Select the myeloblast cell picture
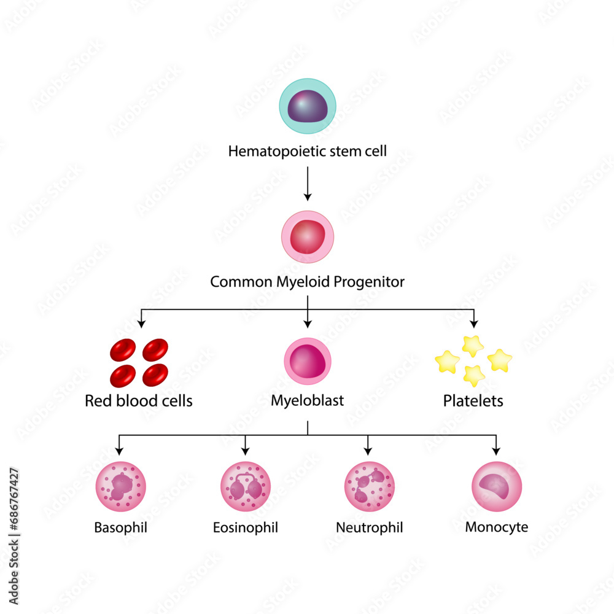pos(308,362)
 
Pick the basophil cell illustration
pos(120,487)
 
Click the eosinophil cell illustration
pos(246,487)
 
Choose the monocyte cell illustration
pos(497,487)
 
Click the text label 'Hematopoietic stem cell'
pos(308,151)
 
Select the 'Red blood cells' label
pos(139,402)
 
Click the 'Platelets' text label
pos(473,402)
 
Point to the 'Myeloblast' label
pos(308,402)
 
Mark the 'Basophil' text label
pos(120,527)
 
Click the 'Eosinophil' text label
pos(246,527)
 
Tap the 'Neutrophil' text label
pos(369,527)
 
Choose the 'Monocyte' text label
pos(497,527)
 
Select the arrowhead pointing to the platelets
pos(473,322)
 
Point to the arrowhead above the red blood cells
pos(142,322)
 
